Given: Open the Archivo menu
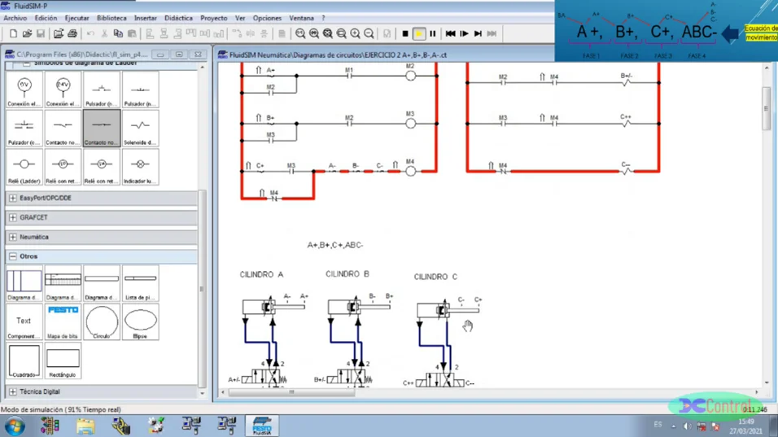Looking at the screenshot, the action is [15, 18].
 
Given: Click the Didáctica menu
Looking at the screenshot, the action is [178, 18].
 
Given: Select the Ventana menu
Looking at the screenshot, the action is [301, 18].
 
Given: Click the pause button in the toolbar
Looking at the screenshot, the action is [432, 34].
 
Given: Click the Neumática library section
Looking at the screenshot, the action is [34, 237].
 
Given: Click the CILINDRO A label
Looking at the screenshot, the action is [261, 275].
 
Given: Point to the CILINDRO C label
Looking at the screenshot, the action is [435, 277].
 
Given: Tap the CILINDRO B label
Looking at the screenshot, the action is [347, 274].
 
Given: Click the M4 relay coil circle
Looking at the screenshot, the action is [411, 172].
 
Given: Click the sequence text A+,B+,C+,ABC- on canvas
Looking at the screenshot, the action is [334, 245].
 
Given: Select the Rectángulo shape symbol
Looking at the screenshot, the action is [63, 359].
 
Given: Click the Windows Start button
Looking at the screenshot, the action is [15, 426].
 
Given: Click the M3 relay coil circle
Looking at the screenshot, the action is [411, 124].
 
